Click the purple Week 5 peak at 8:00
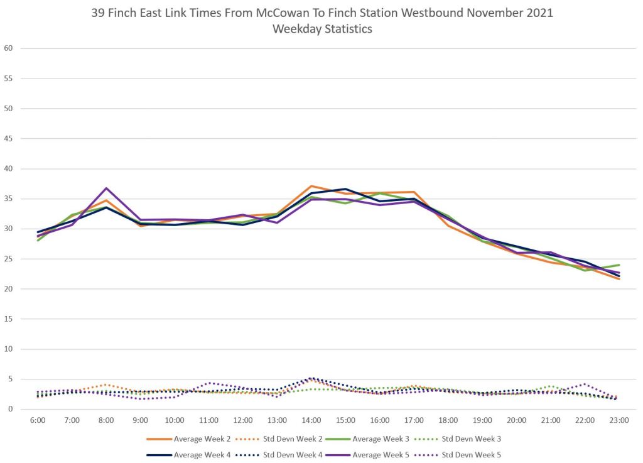coord(106,188)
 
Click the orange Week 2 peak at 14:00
coord(311,186)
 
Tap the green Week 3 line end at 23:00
coord(619,265)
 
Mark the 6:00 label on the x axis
coord(38,420)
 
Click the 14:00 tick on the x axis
coord(311,420)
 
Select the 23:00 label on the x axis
coord(619,420)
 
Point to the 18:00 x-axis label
coord(448,420)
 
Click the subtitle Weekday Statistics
coord(322,29)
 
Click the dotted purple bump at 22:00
coord(585,384)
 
